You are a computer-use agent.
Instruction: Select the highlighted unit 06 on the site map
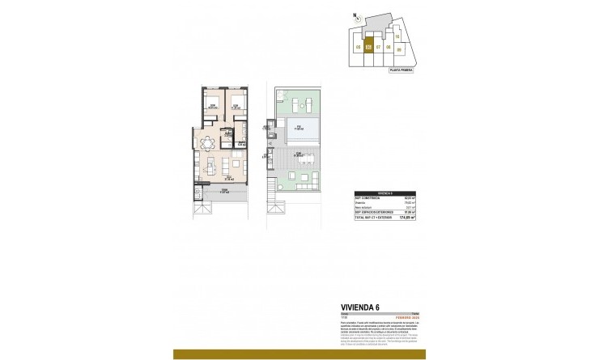[x=368, y=46]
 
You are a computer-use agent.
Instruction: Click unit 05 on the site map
[x=358, y=46]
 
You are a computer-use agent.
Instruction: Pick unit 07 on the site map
[x=379, y=46]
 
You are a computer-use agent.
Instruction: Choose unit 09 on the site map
[x=399, y=49]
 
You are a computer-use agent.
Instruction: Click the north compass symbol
[x=354, y=17]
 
